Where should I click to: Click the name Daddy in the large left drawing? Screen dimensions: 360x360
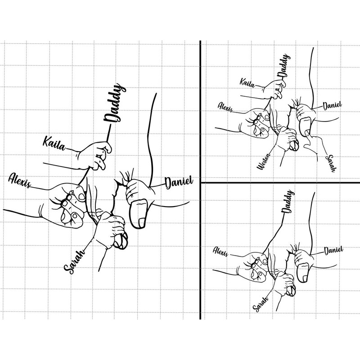click(115, 103)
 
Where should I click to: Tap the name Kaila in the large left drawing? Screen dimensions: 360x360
click(54, 144)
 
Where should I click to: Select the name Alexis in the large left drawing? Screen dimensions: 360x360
click(20, 180)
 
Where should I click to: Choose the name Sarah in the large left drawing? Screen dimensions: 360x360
click(74, 262)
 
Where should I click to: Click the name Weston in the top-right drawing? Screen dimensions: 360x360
click(264, 162)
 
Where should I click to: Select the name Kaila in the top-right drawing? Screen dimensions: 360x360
click(247, 83)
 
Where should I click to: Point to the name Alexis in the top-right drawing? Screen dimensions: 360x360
click(225, 107)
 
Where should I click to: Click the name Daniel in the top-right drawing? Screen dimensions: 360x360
click(332, 106)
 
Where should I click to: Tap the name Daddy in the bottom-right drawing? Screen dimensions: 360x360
click(287, 201)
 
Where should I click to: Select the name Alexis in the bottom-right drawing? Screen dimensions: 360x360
click(220, 251)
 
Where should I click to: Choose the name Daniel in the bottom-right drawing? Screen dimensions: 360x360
click(333, 250)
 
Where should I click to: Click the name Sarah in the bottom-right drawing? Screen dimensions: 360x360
click(261, 304)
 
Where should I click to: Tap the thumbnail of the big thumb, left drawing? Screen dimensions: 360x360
click(142, 223)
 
